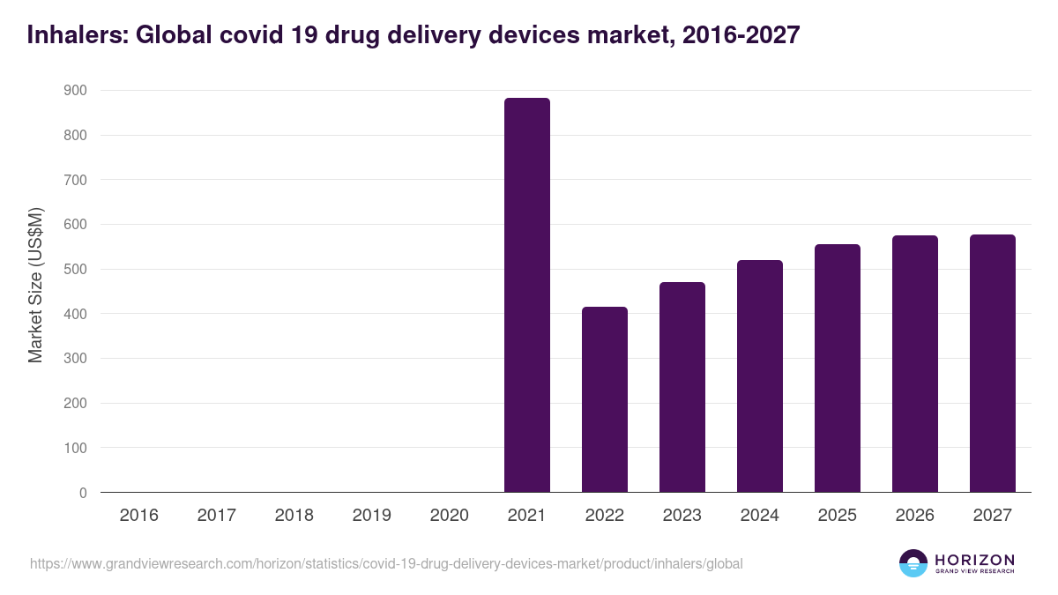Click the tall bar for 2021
click(x=526, y=295)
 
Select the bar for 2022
click(x=604, y=399)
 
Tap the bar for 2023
click(x=682, y=387)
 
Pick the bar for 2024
click(x=759, y=376)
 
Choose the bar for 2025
click(x=837, y=368)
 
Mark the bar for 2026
click(x=914, y=364)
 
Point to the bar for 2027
click(x=992, y=363)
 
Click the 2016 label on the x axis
click(x=138, y=516)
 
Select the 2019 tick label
click(x=371, y=516)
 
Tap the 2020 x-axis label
click(x=449, y=516)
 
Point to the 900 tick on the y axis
click(x=76, y=91)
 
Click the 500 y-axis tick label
click(x=76, y=270)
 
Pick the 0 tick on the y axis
click(x=83, y=494)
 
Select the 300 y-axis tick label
click(x=76, y=359)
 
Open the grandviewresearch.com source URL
click(x=386, y=563)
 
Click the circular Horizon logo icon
click(x=913, y=563)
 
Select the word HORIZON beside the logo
click(x=975, y=560)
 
